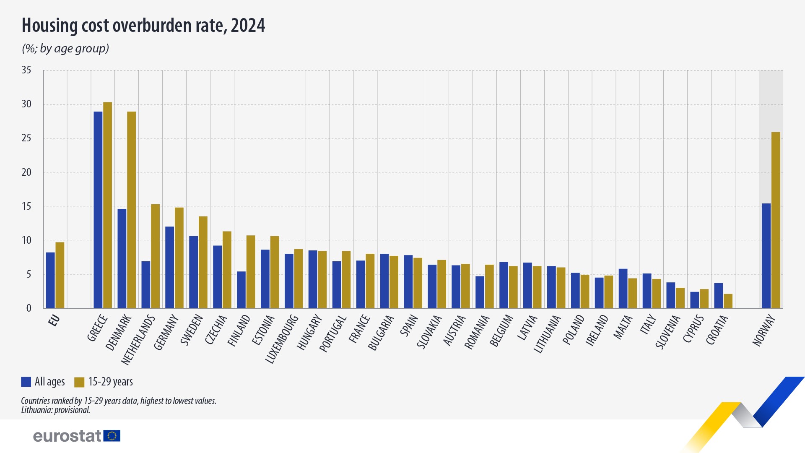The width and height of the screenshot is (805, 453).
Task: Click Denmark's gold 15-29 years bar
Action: click(x=131, y=210)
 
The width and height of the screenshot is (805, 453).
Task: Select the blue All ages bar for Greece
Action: click(x=98, y=210)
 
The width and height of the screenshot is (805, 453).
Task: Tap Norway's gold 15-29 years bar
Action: click(x=776, y=220)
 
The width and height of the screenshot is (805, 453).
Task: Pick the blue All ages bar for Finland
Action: click(x=241, y=290)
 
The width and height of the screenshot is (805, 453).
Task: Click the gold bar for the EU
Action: click(x=60, y=275)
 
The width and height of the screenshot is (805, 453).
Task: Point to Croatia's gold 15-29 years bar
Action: click(x=728, y=301)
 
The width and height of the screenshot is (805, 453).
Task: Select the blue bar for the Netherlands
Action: click(x=145, y=285)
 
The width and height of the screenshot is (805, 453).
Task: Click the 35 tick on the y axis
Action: click(x=26, y=70)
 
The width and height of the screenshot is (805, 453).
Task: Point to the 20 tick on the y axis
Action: click(x=26, y=172)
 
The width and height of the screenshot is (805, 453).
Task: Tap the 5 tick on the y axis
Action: click(x=29, y=274)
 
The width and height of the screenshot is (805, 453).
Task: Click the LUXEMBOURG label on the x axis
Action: click(x=282, y=339)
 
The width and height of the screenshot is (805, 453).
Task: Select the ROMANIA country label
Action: click(x=477, y=332)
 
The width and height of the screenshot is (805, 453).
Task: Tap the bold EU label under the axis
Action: click(x=54, y=321)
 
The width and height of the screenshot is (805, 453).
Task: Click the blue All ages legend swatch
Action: click(x=26, y=382)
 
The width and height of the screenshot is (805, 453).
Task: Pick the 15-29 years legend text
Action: click(x=110, y=382)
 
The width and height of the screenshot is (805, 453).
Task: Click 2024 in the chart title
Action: click(x=248, y=26)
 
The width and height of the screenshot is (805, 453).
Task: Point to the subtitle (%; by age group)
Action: click(x=65, y=49)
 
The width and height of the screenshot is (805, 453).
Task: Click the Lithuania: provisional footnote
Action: click(x=56, y=410)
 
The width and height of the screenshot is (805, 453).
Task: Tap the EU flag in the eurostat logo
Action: click(x=112, y=436)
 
